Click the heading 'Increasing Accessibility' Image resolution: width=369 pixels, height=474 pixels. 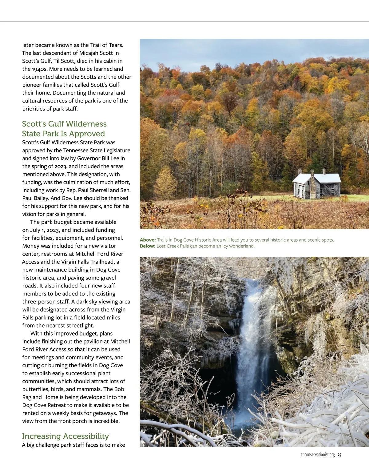pyautogui.click(x=65, y=436)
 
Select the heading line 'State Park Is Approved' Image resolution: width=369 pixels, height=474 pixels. pyautogui.click(x=63, y=134)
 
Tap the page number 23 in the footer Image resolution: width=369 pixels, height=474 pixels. pyautogui.click(x=339, y=455)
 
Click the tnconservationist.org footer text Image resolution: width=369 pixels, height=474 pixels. pyautogui.click(x=318, y=455)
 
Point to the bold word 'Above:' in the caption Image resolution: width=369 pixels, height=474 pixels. pyautogui.click(x=148, y=240)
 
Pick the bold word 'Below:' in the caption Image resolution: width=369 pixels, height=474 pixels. pyautogui.click(x=148, y=246)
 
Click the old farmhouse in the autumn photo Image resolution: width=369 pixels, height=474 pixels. pyautogui.click(x=317, y=185)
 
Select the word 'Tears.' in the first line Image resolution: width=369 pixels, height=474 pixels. pyautogui.click(x=116, y=45)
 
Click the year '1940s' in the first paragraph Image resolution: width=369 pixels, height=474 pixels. pyautogui.click(x=39, y=69)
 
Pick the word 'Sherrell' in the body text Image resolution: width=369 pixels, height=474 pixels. pyautogui.click(x=98, y=190)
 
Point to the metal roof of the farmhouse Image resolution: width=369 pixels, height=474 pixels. pyautogui.click(x=327, y=178)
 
